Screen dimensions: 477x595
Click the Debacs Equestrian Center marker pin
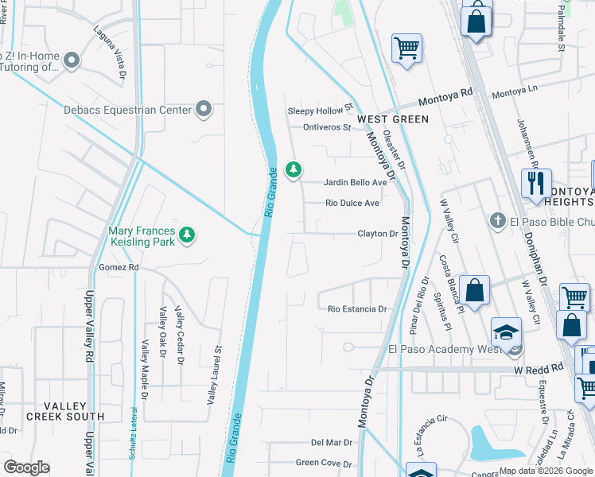[x=204, y=110]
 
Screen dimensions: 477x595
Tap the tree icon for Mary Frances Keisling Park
[x=187, y=234]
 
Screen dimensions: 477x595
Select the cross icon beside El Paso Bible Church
[x=498, y=220]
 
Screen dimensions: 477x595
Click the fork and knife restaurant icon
[x=537, y=183]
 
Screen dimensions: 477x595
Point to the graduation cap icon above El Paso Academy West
[x=506, y=332]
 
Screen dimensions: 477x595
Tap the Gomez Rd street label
[x=119, y=268]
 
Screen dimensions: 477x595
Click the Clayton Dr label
[x=377, y=234]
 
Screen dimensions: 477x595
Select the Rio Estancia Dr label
[x=357, y=309]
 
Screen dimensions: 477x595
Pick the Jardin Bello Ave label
[x=355, y=182]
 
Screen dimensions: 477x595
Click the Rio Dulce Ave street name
[x=352, y=203]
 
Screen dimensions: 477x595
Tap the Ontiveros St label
[x=326, y=127]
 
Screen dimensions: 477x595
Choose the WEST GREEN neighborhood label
[x=393, y=119]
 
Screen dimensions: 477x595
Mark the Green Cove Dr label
[x=324, y=462]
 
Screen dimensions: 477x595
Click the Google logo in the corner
[x=26, y=467]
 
